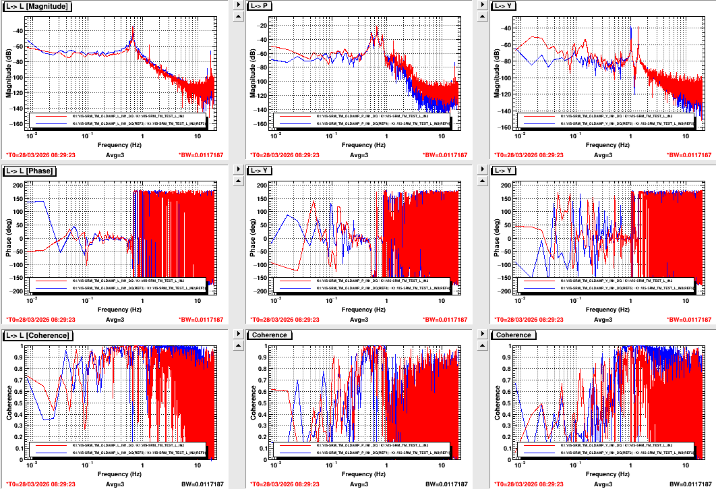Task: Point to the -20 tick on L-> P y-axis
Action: point(262,25)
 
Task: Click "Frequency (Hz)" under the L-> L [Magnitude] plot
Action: point(119,145)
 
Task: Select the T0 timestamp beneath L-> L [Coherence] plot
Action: point(40,484)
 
